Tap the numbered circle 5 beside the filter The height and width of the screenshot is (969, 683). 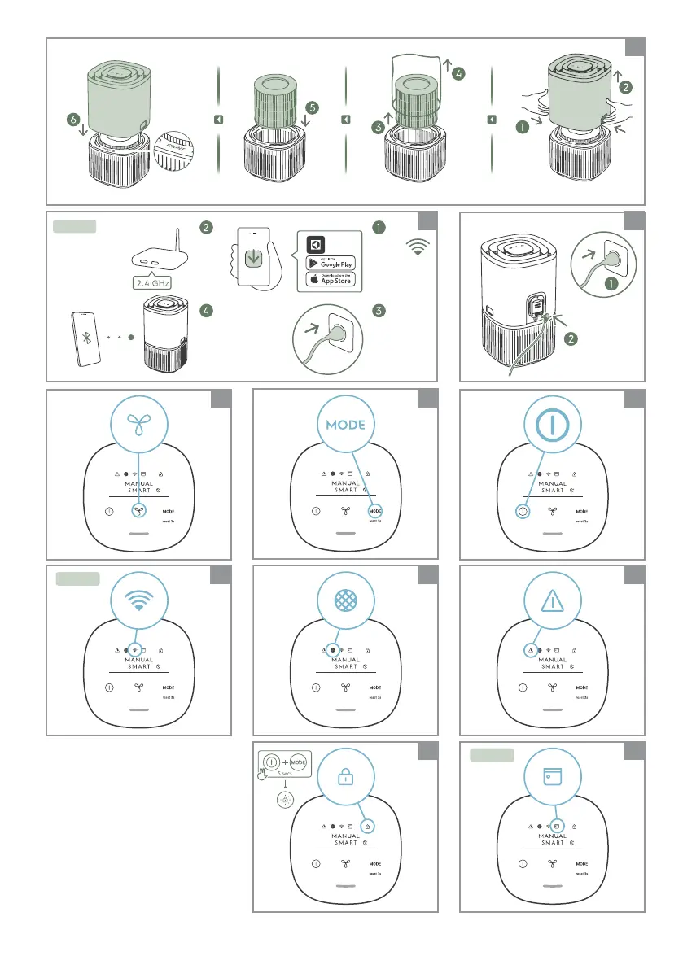(312, 107)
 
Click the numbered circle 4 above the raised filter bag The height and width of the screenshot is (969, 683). (460, 74)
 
